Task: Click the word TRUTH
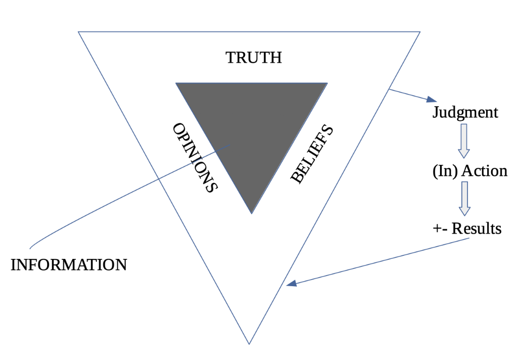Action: point(253,58)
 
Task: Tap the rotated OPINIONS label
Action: point(195,157)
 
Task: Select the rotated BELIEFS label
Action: point(312,154)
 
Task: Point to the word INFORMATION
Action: point(69,264)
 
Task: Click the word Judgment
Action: point(465,112)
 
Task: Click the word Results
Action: point(476,229)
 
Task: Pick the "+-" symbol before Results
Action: point(439,229)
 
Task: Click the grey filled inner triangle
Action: point(252,121)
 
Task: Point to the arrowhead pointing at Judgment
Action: point(431,100)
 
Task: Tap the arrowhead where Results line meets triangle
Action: point(290,285)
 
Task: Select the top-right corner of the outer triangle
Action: point(420,32)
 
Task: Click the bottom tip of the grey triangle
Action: point(251,213)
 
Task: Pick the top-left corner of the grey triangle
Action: point(176,83)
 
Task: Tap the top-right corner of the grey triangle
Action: point(327,83)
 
